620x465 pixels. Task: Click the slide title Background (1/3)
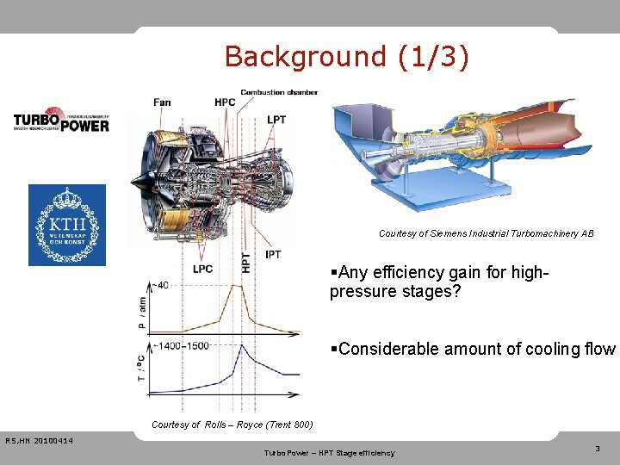(x=346, y=57)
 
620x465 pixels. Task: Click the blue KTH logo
(x=67, y=225)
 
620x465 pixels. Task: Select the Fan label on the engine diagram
(x=162, y=102)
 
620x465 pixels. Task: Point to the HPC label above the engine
(x=225, y=102)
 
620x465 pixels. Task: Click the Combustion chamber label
(x=279, y=92)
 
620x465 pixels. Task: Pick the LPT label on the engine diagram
(x=276, y=120)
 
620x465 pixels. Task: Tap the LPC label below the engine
(x=202, y=270)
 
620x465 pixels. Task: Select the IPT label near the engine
(x=273, y=255)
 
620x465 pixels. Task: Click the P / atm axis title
(x=141, y=313)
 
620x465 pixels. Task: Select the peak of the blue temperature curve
(x=244, y=345)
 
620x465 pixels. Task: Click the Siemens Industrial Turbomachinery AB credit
(x=486, y=233)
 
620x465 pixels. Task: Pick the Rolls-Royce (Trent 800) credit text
(x=232, y=425)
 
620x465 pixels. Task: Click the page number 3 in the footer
(x=598, y=449)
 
